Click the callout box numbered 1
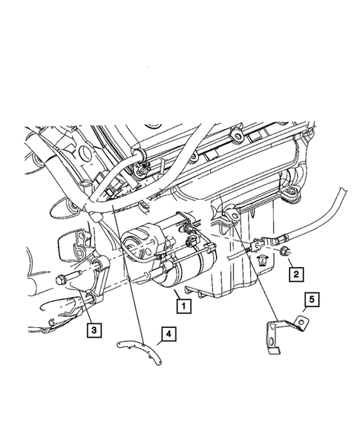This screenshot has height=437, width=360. point(180,303)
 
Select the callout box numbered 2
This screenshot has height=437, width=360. point(295,275)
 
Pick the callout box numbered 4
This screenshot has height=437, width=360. point(170,335)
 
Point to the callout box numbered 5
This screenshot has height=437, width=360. point(312,300)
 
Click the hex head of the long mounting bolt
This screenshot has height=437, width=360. point(59,280)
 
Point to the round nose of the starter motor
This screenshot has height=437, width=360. point(134,242)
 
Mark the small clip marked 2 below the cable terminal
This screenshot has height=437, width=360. point(261,260)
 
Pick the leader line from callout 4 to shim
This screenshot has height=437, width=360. point(159,338)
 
